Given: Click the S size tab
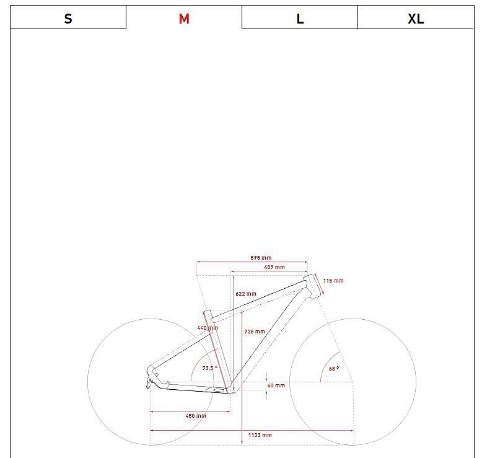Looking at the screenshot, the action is pyautogui.click(x=68, y=17).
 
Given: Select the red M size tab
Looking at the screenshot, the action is pyautogui.click(x=184, y=17).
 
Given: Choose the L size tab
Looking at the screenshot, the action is pyautogui.click(x=300, y=17).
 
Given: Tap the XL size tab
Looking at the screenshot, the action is pyautogui.click(x=416, y=17).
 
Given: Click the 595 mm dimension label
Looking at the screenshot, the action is pyautogui.click(x=261, y=258).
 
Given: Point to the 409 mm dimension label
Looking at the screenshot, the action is pyautogui.click(x=274, y=267).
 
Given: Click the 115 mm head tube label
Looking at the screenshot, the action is pyautogui.click(x=333, y=281).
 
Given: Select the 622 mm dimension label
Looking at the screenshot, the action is pyautogui.click(x=246, y=294).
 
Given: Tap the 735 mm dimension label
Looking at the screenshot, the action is pyautogui.click(x=255, y=332).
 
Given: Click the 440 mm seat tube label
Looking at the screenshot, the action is pyautogui.click(x=208, y=328).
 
